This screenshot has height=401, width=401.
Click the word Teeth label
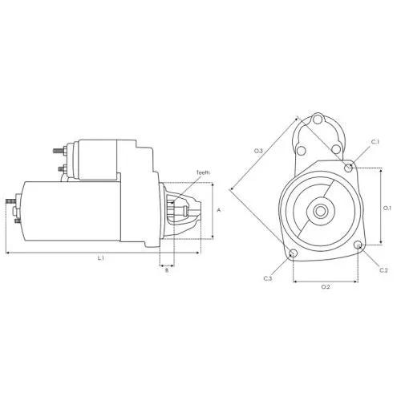(203, 172)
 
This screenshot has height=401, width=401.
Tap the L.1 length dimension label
(100, 258)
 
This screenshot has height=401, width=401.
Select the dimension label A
(219, 210)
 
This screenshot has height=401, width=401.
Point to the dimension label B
(167, 270)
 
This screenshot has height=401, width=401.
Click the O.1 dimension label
(387, 208)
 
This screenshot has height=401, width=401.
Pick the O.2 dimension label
(326, 287)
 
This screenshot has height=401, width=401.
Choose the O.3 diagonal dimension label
(258, 151)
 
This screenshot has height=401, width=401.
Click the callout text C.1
(375, 142)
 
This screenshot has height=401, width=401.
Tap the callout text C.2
(383, 270)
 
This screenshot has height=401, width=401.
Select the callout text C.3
(268, 278)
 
